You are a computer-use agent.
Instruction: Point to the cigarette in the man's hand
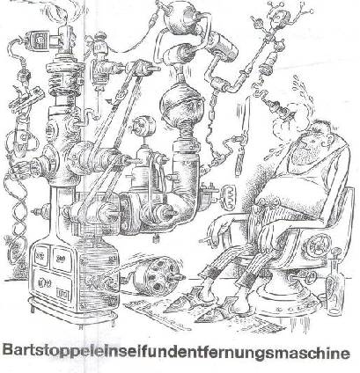pos(205,241)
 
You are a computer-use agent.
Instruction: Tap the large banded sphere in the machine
pos(178,105)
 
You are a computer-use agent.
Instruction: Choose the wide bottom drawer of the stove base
pos(52,284)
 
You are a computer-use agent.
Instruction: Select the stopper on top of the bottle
pos(336,252)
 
